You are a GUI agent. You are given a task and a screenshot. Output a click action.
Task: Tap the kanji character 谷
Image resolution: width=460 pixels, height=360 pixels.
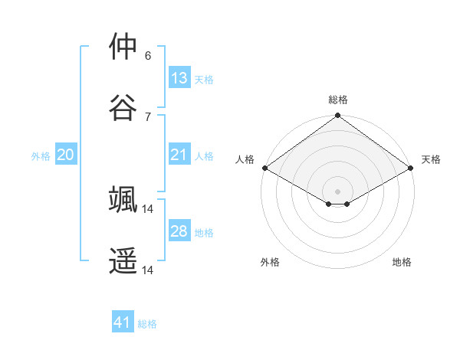(x=123, y=106)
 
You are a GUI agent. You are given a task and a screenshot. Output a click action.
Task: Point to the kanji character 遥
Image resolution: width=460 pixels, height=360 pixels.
(x=123, y=260)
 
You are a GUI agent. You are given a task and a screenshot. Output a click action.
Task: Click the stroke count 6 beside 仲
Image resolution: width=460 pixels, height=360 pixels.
(x=148, y=56)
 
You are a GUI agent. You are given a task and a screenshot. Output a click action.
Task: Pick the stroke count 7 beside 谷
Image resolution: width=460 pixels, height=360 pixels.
(x=148, y=116)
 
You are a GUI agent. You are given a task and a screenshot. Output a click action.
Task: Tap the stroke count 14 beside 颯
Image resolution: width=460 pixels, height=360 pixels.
(x=149, y=208)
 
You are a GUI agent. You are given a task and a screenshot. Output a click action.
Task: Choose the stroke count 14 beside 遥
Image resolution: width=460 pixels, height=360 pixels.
(x=149, y=270)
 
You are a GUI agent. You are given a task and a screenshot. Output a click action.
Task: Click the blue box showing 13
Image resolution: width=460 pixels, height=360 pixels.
(x=179, y=77)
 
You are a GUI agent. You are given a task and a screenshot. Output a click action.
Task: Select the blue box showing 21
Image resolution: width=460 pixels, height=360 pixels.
(x=179, y=155)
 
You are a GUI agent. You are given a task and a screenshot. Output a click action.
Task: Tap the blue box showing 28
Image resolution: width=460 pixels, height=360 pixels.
(x=179, y=231)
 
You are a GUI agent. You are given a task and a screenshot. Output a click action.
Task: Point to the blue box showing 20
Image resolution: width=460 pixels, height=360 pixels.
(x=66, y=155)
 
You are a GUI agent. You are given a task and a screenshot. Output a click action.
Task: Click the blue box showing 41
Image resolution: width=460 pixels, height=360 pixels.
(x=123, y=322)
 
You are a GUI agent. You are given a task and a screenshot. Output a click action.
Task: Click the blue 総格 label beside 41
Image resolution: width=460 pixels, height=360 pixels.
(x=147, y=324)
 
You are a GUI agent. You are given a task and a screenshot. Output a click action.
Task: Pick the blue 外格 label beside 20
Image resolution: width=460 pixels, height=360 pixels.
(x=41, y=156)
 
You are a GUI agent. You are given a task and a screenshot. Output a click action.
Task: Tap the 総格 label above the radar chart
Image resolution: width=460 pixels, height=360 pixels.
(x=338, y=100)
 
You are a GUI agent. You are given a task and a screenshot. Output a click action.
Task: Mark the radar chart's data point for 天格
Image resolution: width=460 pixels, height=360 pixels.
(x=412, y=169)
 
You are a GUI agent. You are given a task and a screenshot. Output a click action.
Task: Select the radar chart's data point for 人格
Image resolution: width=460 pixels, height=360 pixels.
(x=264, y=169)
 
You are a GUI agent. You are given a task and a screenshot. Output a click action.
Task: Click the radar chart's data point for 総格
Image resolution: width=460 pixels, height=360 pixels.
(x=338, y=116)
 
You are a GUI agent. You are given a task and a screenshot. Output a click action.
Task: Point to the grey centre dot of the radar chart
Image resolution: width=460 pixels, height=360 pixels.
(x=338, y=190)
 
